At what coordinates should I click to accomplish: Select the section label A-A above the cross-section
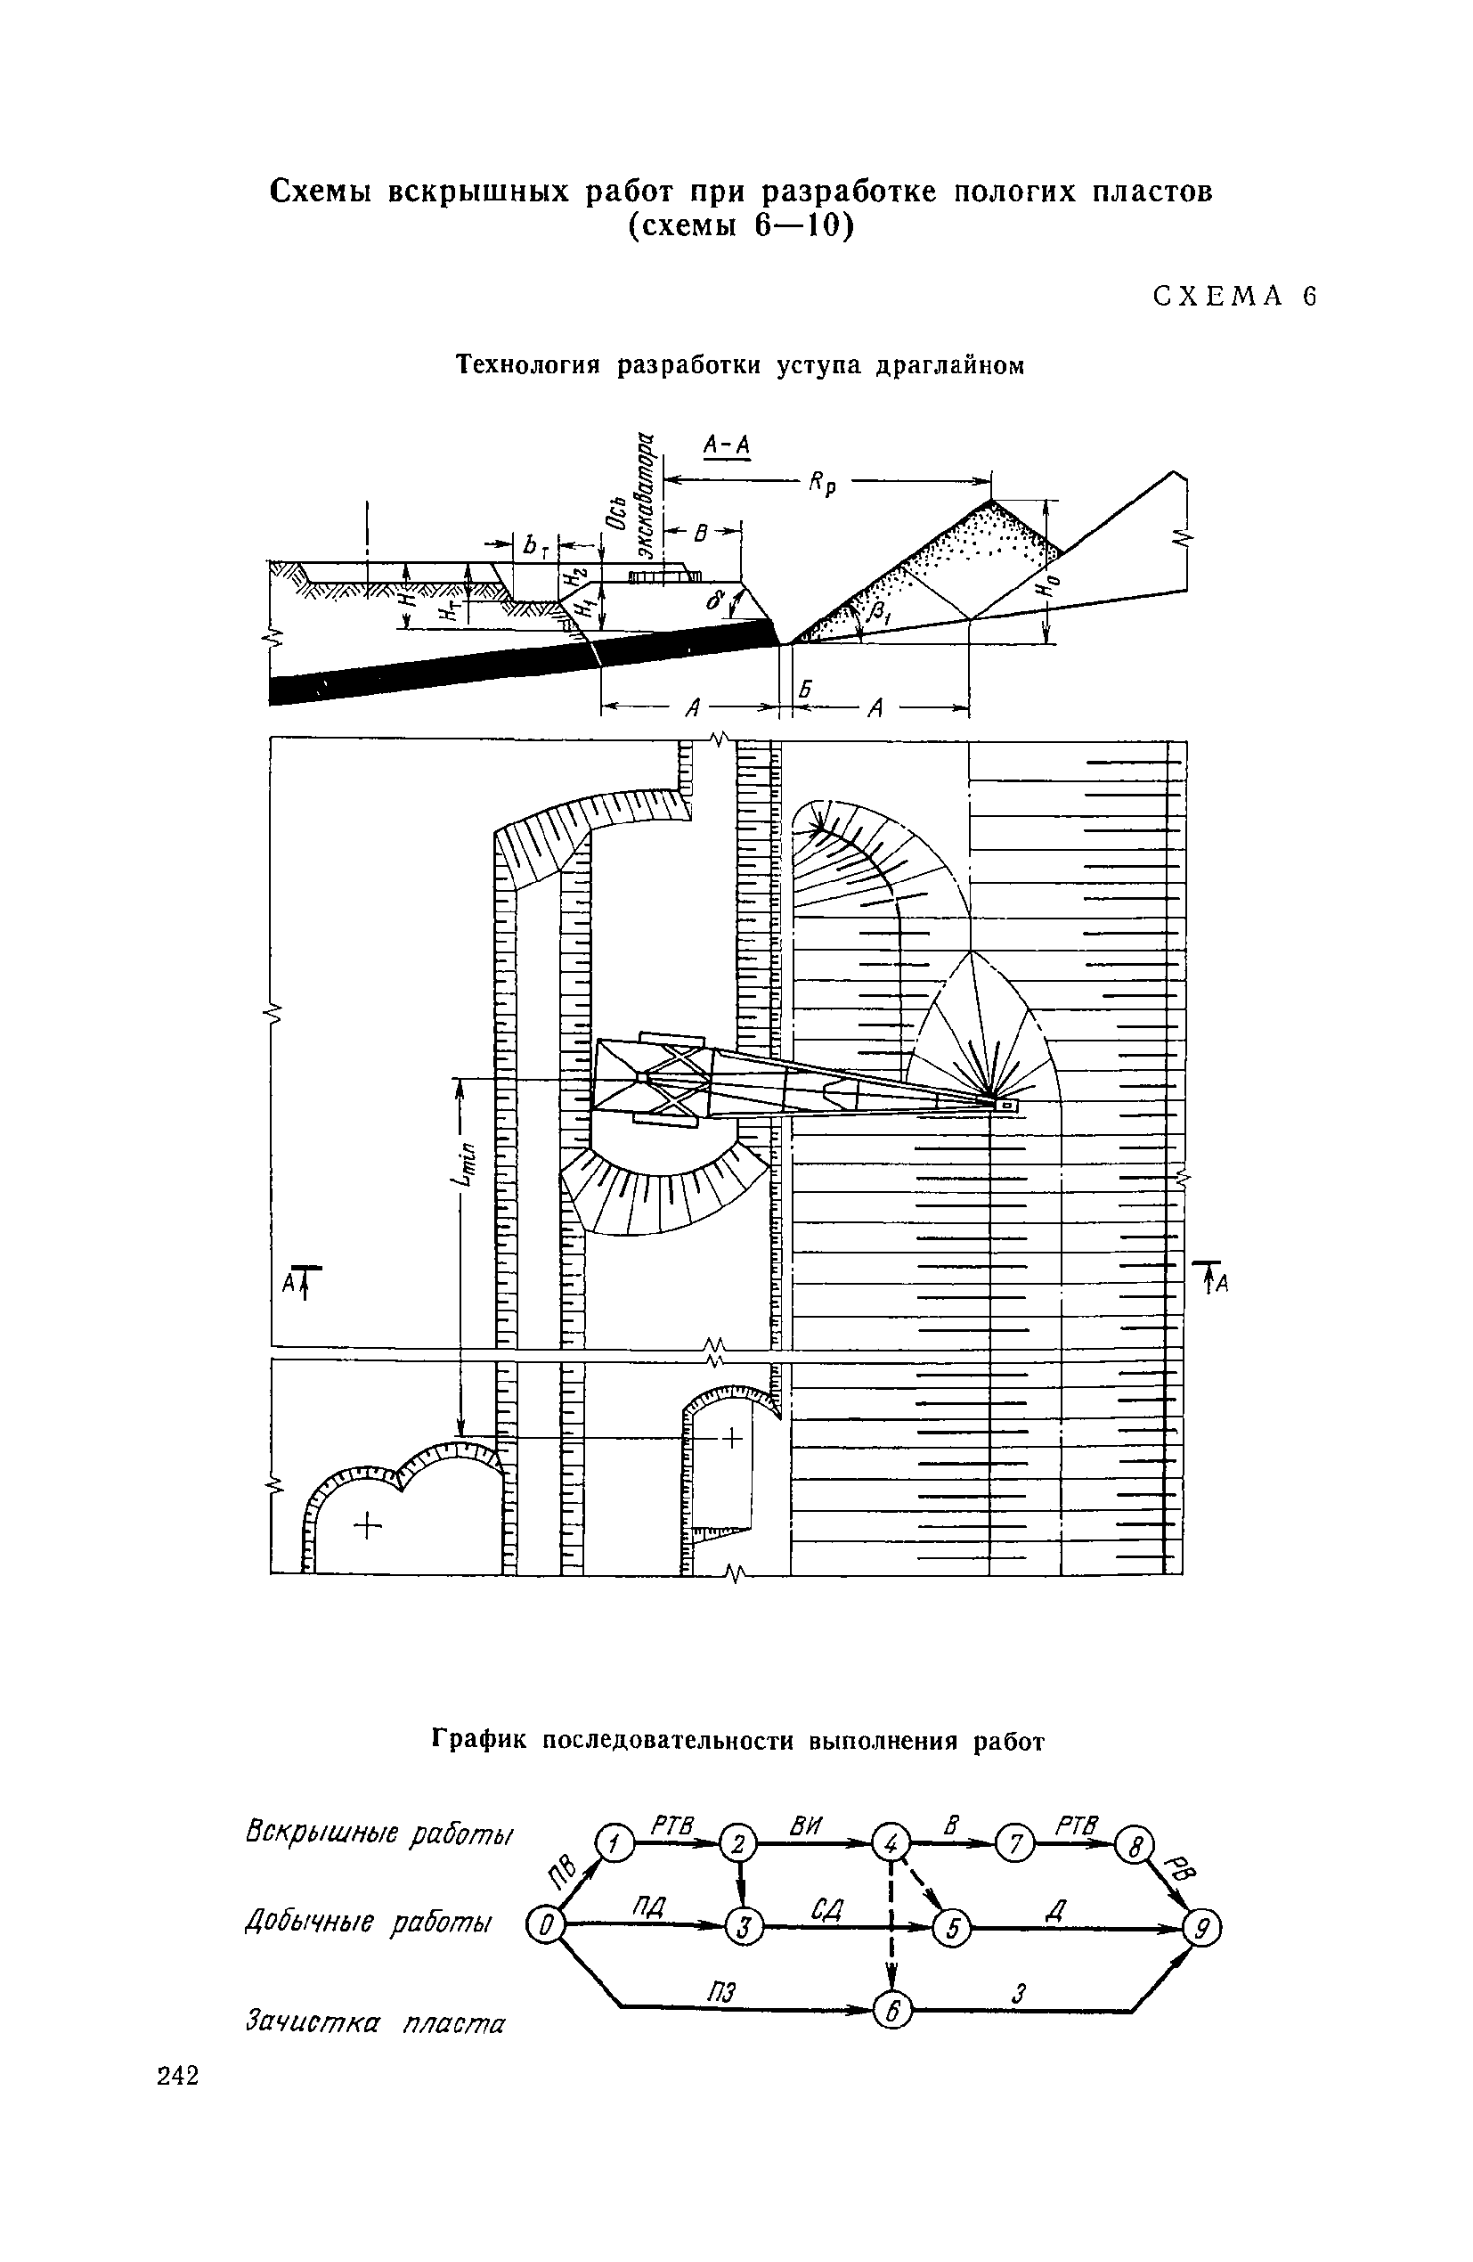(x=727, y=445)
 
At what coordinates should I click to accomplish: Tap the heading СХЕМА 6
(x=1234, y=297)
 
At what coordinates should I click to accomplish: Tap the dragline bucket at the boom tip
(x=1005, y=1105)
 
